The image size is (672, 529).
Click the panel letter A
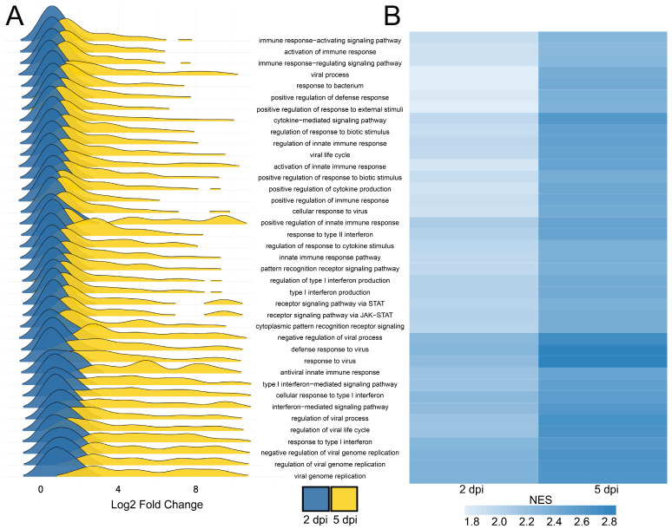tap(15, 16)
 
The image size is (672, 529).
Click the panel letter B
tap(392, 16)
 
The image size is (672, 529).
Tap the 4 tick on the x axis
tap(118, 489)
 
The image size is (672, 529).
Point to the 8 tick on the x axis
tap(195, 489)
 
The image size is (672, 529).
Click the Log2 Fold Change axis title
tap(157, 505)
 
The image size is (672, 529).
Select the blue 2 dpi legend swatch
tap(316, 499)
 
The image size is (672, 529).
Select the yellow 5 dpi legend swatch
tap(344, 499)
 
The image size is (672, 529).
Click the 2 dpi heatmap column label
tap(471, 489)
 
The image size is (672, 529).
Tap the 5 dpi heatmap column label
tap(606, 489)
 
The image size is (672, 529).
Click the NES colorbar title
tap(540, 500)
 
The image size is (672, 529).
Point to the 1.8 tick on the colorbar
tap(471, 522)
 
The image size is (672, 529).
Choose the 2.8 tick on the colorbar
tap(609, 522)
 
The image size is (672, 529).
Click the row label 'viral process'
tap(330, 75)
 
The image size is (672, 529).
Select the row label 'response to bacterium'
tap(330, 86)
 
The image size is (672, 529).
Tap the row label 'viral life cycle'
tap(330, 155)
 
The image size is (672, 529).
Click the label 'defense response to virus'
tap(330, 349)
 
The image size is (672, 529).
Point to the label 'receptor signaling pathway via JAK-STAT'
tap(330, 315)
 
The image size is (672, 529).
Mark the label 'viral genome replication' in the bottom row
tap(330, 476)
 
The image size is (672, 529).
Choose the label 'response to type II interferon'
tap(330, 234)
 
